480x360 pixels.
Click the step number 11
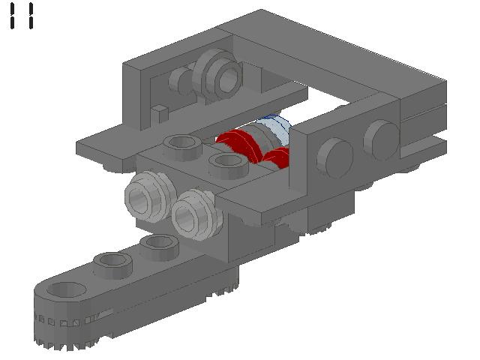click(x=22, y=16)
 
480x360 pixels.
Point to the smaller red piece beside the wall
click(x=277, y=157)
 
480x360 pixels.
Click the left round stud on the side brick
click(x=334, y=157)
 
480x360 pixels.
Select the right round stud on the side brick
click(x=381, y=140)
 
